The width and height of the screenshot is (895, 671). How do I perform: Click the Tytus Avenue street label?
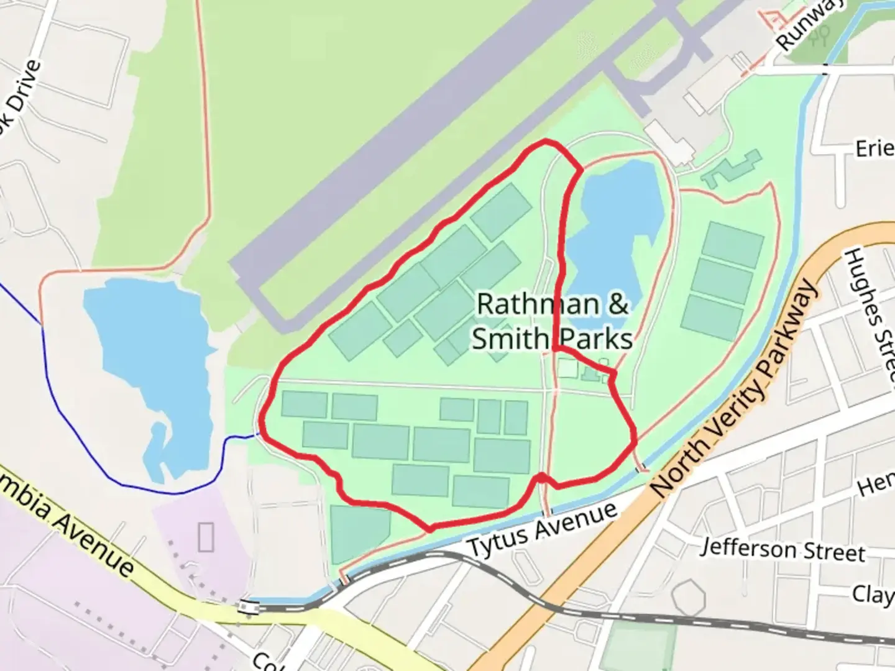[542, 529]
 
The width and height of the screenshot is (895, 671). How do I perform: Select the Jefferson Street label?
[783, 550]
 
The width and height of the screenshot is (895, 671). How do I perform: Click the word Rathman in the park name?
[538, 304]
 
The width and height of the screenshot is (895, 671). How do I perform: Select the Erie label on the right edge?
[874, 149]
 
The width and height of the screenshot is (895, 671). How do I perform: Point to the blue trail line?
[68, 422]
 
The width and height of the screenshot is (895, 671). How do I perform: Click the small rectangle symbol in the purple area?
[206, 537]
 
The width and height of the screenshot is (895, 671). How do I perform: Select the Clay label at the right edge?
[873, 595]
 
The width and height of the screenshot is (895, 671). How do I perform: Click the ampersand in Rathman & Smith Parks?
[617, 304]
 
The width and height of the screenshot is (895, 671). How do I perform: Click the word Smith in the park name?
[507, 339]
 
